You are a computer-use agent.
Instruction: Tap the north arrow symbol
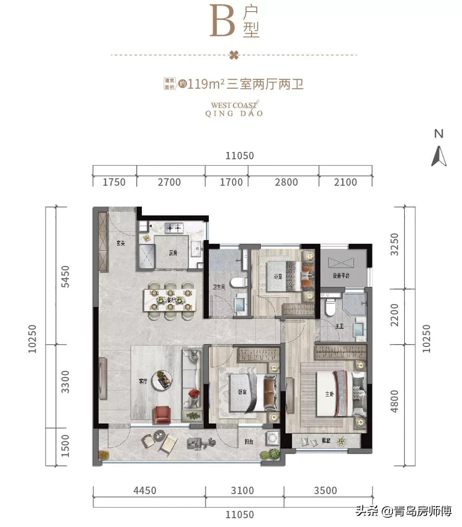[439, 156]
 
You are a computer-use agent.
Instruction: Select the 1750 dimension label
[114, 182]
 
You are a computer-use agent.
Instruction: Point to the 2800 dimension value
[286, 182]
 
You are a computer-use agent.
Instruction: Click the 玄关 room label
[121, 244]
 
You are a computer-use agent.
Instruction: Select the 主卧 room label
[329, 395]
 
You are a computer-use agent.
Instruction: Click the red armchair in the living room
[163, 414]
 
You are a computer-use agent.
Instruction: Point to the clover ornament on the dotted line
[234, 56]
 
